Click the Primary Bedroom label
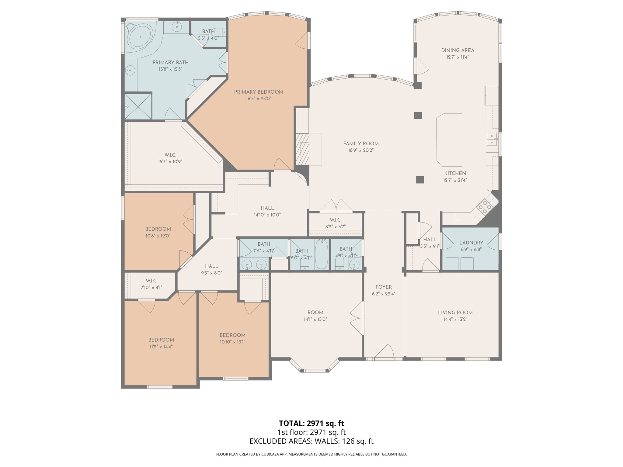259,92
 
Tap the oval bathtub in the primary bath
140,37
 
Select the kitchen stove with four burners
485,207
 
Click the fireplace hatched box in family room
302,149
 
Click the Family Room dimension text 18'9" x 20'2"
361,150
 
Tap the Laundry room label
471,243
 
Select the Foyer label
384,287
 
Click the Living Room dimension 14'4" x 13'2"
455,319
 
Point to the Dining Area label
458,50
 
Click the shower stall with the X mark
138,106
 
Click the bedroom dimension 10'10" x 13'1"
232,342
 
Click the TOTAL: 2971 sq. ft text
311,423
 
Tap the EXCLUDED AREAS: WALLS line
311,441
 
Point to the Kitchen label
455,173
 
